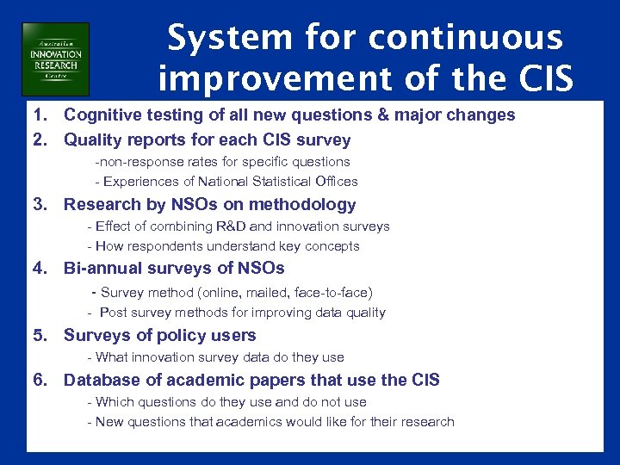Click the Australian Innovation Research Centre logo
click(x=55, y=59)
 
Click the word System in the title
click(x=219, y=38)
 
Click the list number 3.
click(x=40, y=205)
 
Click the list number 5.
click(x=40, y=336)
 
